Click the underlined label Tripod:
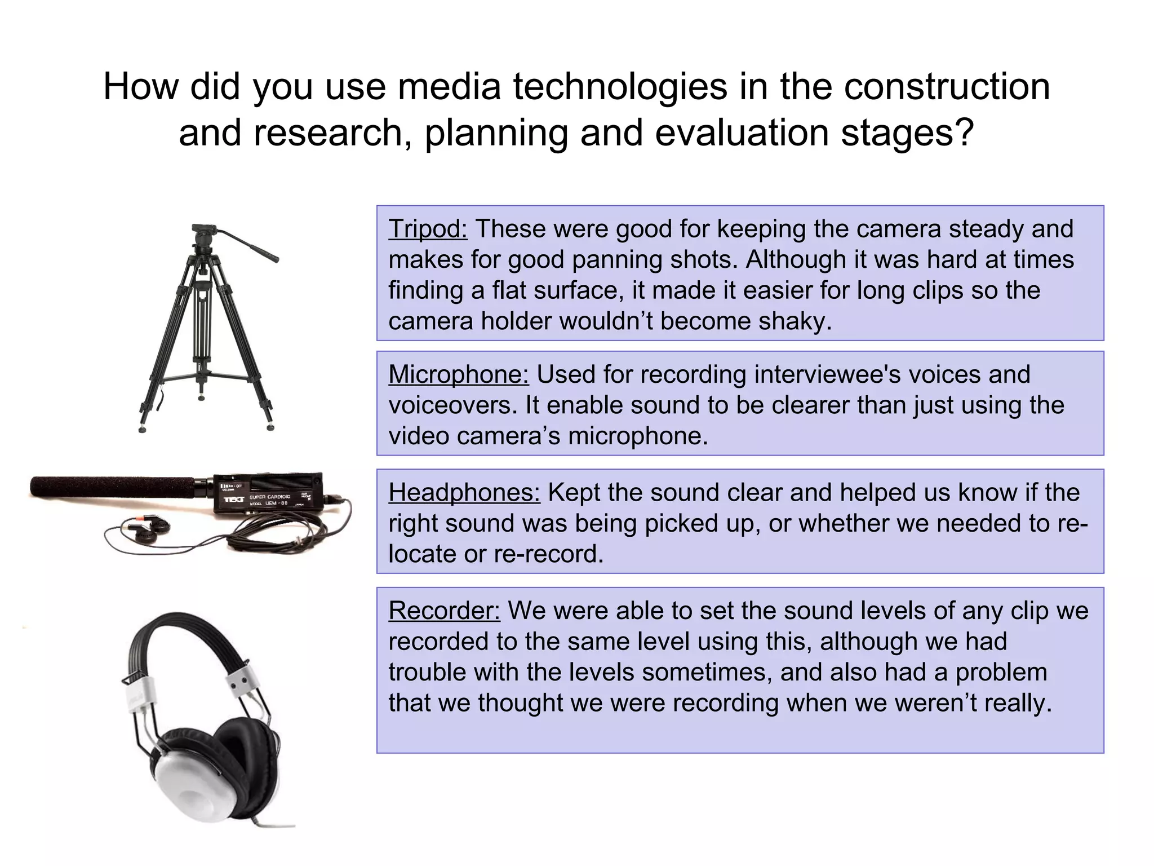(x=428, y=229)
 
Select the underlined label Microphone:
(x=458, y=374)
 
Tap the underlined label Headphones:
(x=464, y=493)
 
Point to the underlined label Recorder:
(x=444, y=611)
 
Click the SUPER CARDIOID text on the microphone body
(x=270, y=497)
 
